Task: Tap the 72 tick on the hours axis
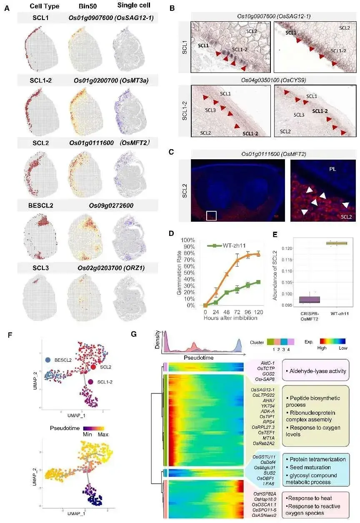[238, 312]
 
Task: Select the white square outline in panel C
[211, 215]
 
